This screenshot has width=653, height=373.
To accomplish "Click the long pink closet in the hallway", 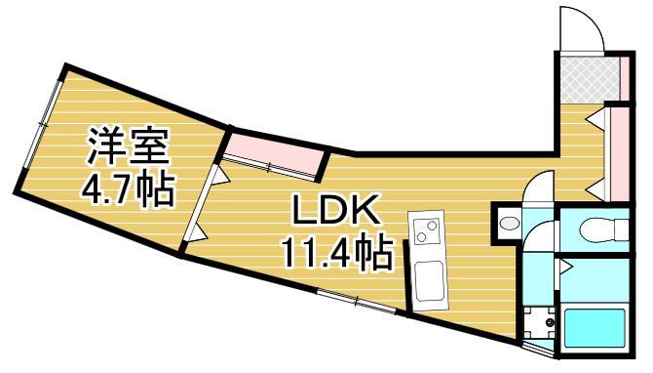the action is pos(617,150).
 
